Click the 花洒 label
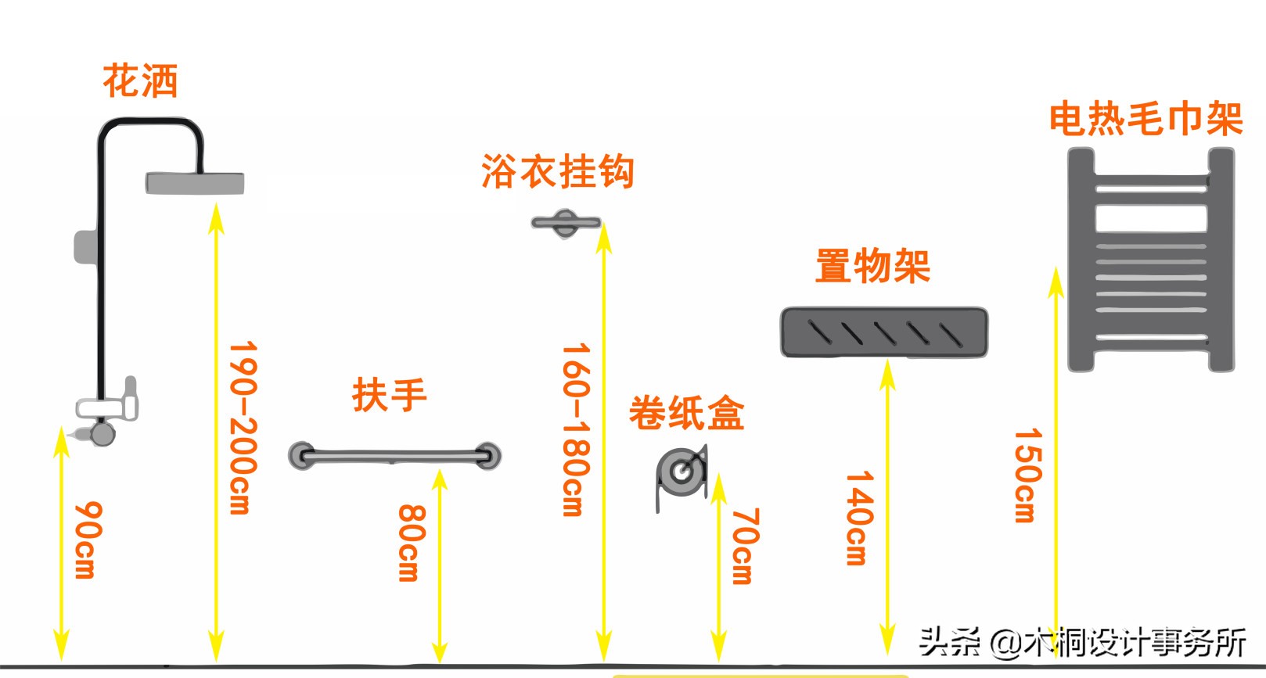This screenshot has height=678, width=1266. click(141, 81)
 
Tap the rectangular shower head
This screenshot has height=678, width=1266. click(195, 183)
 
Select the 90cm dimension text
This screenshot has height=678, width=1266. click(86, 540)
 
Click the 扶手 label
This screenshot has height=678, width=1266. click(389, 395)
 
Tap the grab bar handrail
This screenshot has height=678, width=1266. click(394, 455)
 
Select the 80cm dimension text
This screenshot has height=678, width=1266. click(412, 543)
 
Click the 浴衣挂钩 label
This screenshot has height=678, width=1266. click(557, 171)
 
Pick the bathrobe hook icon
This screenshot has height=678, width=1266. click(565, 223)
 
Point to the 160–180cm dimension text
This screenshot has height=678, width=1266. click(576, 429)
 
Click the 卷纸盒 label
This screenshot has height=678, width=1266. click(686, 414)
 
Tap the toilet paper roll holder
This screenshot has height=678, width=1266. click(681, 473)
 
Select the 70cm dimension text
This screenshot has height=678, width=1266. click(744, 546)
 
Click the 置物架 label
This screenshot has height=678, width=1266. click(872, 266)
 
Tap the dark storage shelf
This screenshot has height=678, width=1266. click(884, 332)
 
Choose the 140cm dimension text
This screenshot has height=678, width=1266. click(858, 517)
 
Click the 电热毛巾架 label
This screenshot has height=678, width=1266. click(1146, 120)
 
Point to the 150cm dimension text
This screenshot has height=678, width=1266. click(1027, 475)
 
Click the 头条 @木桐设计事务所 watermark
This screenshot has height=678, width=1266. click(1082, 642)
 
